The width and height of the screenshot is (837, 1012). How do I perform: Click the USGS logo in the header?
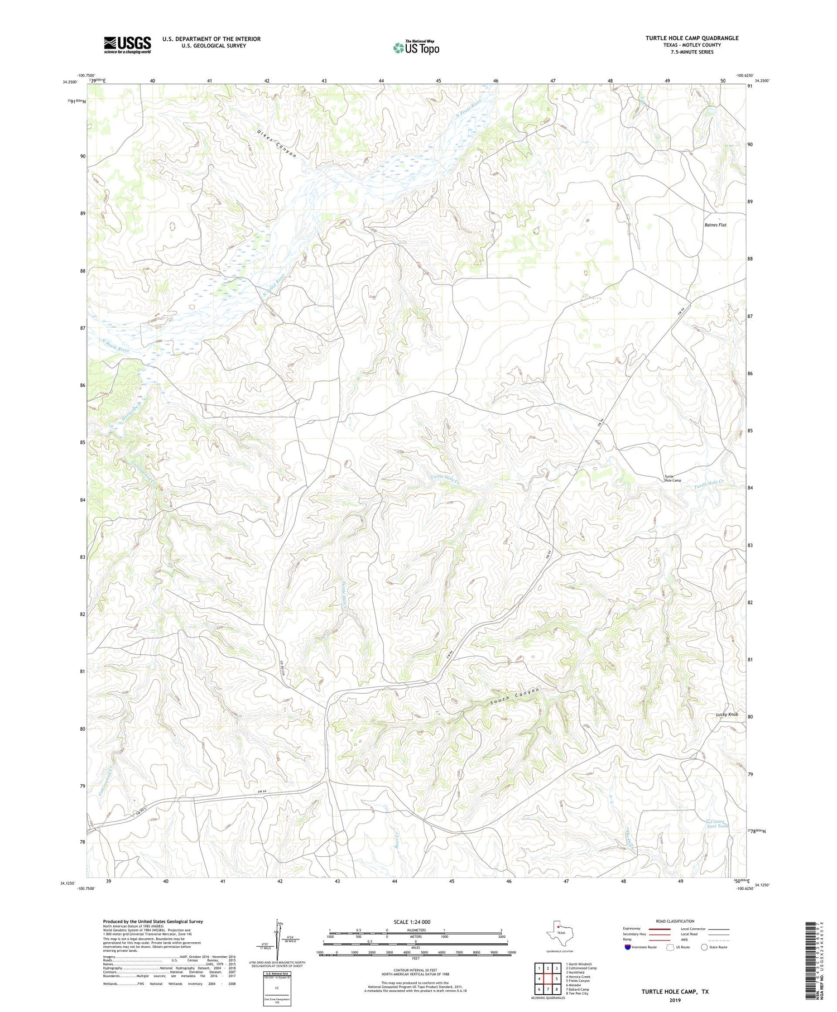127,45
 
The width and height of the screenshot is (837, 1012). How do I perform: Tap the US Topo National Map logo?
416,47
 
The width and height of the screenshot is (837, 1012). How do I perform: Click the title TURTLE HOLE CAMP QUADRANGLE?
692,38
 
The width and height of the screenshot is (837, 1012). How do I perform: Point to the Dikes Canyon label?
277,143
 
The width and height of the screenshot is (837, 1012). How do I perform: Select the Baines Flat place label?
715,225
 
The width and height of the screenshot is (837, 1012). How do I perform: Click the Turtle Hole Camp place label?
672,478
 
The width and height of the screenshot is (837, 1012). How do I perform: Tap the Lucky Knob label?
727,714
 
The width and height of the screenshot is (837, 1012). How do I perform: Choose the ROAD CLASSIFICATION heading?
675,921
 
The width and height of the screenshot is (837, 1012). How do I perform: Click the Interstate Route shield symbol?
628,947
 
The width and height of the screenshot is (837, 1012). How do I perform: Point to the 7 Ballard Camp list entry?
578,989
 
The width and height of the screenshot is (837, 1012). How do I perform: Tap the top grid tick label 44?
381,81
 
